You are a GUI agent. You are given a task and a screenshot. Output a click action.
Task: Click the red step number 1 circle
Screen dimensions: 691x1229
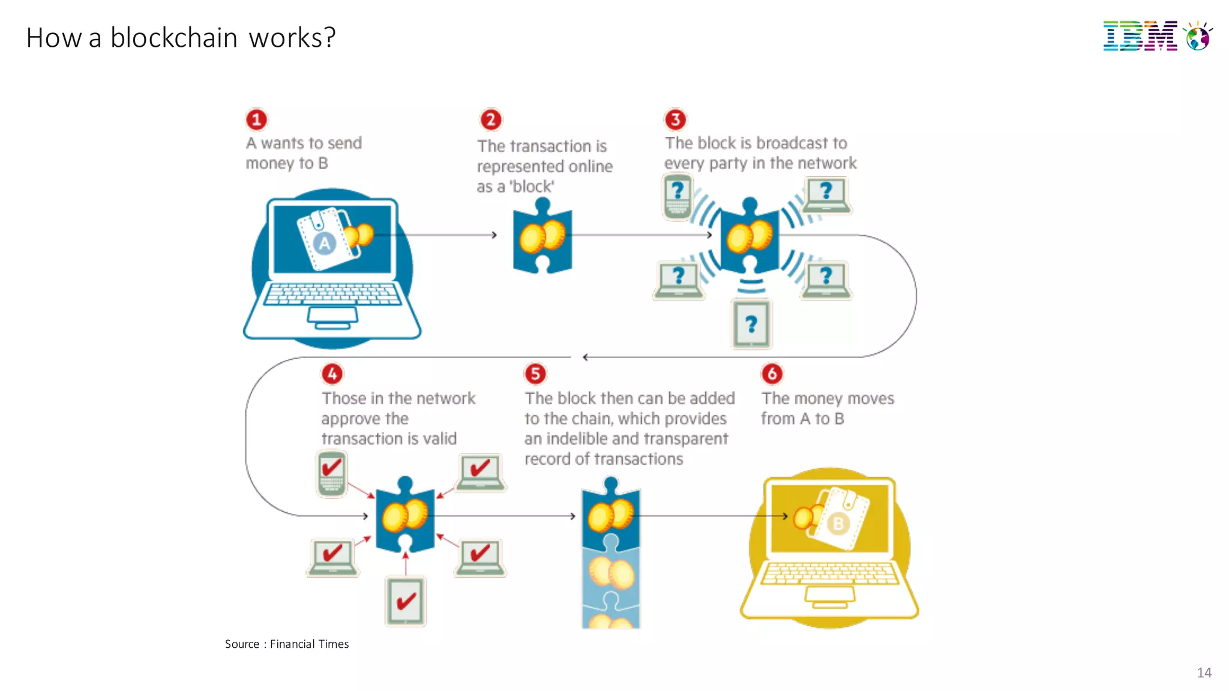coord(256,119)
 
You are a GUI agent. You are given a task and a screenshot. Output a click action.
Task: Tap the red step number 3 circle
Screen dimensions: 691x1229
coord(675,119)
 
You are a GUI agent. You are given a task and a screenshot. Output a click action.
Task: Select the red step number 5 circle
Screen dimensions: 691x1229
coord(535,374)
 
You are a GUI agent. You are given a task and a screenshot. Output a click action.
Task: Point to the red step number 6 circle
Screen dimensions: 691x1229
coord(772,374)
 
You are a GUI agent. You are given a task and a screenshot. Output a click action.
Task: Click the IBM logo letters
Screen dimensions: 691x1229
coord(1140,36)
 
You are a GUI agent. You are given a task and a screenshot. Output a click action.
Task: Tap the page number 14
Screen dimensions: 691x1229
coord(1204,672)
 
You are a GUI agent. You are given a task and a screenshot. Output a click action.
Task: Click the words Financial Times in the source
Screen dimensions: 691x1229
coord(309,644)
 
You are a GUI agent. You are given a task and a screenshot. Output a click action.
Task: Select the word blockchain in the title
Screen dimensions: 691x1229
coord(174,38)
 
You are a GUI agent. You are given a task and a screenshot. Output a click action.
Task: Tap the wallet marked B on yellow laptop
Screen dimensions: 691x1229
coord(840,518)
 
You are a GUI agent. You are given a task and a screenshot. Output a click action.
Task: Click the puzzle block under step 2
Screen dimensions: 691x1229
coord(542,237)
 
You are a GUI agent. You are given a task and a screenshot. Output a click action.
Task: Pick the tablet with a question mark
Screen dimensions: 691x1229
coord(751,325)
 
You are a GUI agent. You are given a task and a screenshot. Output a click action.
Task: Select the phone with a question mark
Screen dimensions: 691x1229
coord(678,196)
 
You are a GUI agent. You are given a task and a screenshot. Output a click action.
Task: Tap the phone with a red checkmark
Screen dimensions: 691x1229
coord(331,473)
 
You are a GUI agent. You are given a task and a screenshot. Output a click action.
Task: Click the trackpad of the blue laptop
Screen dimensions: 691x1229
coord(332,315)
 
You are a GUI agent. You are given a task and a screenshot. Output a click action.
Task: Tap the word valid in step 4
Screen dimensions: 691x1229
coord(439,438)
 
